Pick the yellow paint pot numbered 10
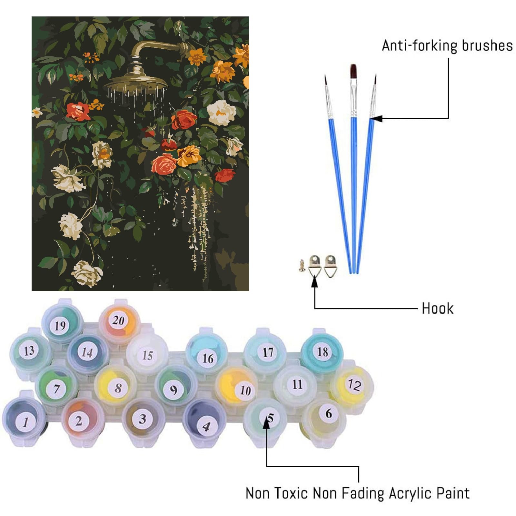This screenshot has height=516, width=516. tap(237, 387)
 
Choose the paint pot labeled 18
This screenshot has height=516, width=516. tap(322, 352)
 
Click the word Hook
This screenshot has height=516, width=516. tap(437, 308)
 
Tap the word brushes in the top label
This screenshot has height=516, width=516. tap(487, 45)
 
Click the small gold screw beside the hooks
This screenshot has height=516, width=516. tap(303, 265)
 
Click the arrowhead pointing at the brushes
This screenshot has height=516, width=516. tap(376, 119)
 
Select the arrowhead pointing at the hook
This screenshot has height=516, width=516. tap(314, 281)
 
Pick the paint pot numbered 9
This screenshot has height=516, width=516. tap(175, 387)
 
